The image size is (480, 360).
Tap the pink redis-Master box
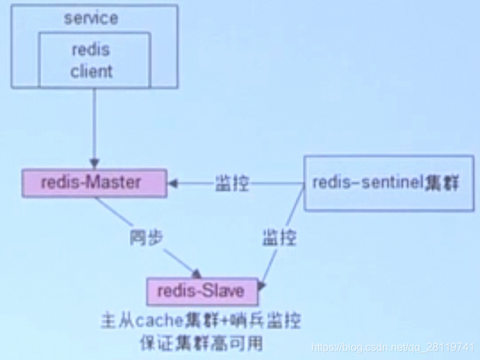93,183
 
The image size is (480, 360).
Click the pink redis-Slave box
202,292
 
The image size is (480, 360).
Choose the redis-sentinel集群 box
387,183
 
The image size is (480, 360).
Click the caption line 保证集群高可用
202,344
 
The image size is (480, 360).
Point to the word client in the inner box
92,71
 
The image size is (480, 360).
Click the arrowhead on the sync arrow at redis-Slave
196,273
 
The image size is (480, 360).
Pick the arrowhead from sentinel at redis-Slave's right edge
261,285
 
